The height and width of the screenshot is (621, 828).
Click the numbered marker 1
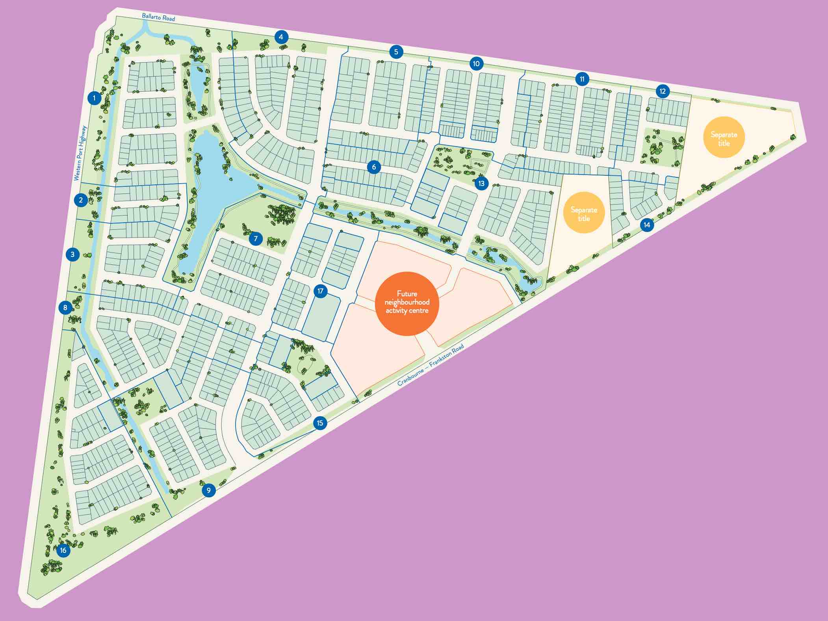click(x=94, y=98)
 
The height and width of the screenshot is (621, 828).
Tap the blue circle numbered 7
click(x=256, y=238)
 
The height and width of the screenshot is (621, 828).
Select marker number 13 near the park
click(x=481, y=183)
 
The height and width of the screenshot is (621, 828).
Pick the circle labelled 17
click(x=320, y=291)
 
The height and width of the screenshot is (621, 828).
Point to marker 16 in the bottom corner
click(x=63, y=550)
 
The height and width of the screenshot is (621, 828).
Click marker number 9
click(x=208, y=491)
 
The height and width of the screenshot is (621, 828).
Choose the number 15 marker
click(x=320, y=423)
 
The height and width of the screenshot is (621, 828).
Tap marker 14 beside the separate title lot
click(x=647, y=225)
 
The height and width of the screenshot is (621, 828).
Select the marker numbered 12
click(x=663, y=91)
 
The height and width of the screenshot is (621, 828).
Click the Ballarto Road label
click(x=158, y=17)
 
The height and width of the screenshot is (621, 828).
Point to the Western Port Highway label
click(x=80, y=153)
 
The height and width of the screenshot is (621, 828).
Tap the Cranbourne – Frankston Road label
click(x=431, y=365)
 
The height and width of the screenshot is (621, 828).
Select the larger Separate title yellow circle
click(x=724, y=138)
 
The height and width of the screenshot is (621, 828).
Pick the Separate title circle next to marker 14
click(x=584, y=213)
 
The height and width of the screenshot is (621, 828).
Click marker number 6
click(x=374, y=167)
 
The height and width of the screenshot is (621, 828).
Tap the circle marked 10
click(x=476, y=63)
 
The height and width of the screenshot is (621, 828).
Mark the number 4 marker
click(x=281, y=37)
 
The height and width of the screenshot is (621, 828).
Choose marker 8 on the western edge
click(x=65, y=307)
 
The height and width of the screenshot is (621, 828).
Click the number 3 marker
click(x=72, y=254)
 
